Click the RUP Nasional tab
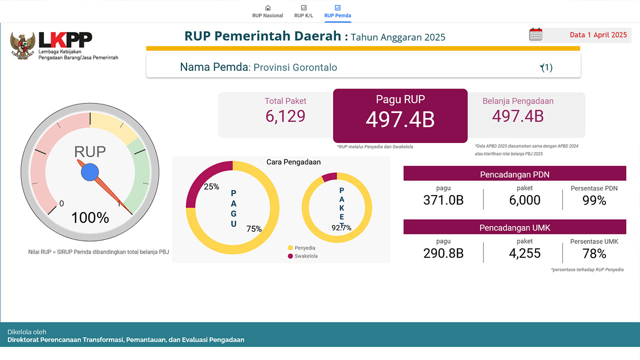point(267,11)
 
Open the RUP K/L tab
point(303,11)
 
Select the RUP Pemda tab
point(337,11)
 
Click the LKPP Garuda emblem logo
point(23,46)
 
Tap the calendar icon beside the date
point(535,34)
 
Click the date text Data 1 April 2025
point(598,35)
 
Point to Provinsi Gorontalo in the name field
point(295,67)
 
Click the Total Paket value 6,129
point(285,116)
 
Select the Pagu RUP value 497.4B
point(400,119)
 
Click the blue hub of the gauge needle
point(90,172)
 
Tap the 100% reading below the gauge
point(90,218)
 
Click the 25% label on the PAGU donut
point(211,186)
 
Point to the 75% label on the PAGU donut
point(254,229)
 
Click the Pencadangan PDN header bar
point(514,174)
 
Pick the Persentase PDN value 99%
point(594,200)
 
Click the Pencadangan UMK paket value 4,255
point(524,253)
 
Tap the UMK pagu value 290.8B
point(443,253)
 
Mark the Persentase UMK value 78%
point(594,253)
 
